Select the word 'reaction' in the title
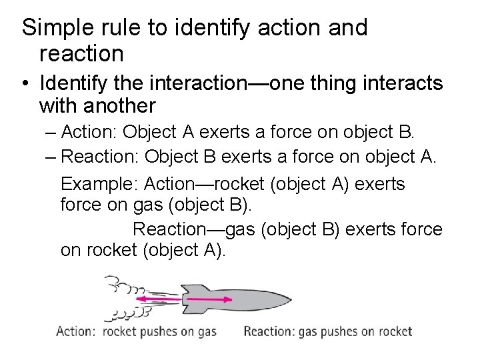81,53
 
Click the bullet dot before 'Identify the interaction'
25,84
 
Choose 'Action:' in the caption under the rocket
75,331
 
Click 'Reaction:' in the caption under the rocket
268,331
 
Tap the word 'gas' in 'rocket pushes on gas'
206,332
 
